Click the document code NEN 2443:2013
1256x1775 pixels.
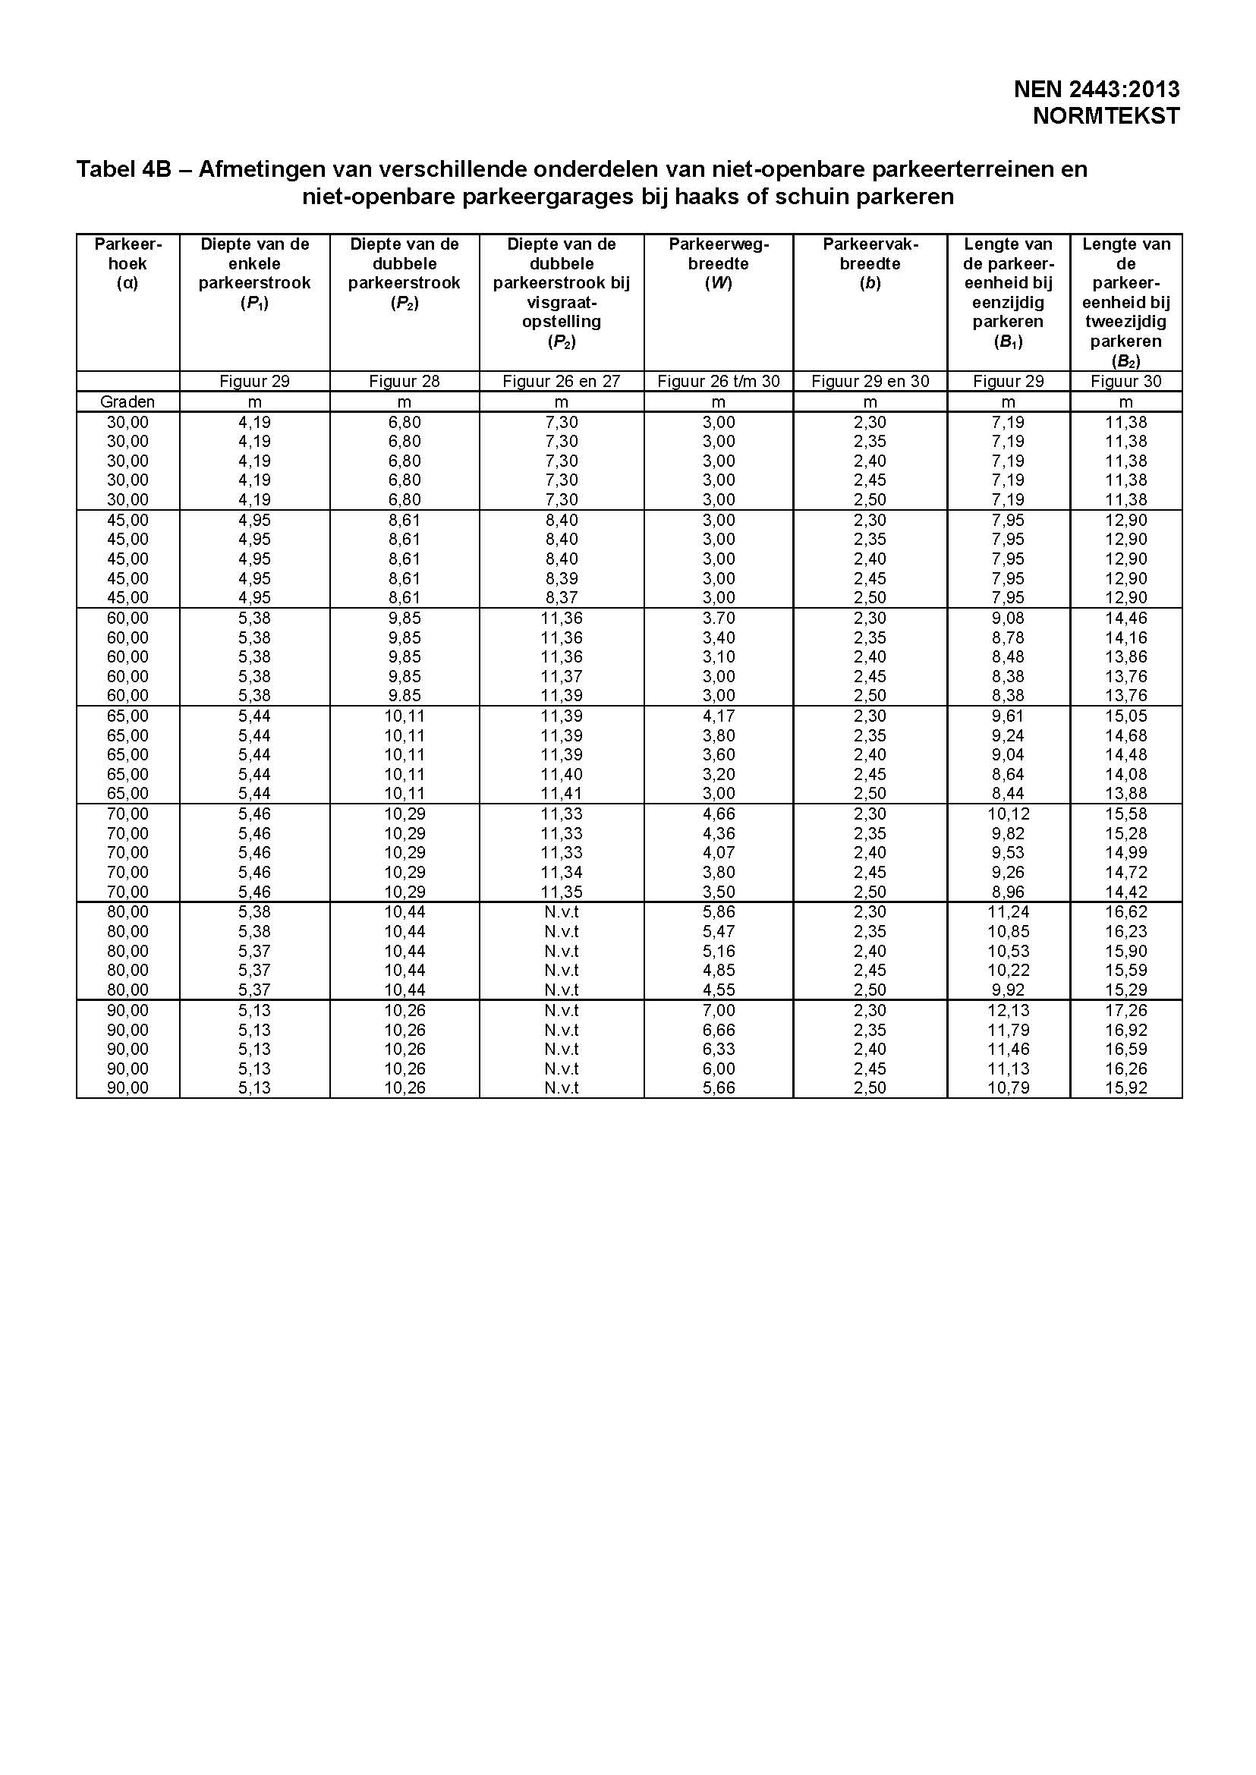coord(1096,90)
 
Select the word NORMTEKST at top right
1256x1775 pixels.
coord(1106,116)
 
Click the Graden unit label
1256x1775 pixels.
coord(127,401)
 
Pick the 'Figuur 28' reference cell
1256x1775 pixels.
coord(404,380)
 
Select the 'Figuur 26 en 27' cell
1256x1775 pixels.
coord(562,380)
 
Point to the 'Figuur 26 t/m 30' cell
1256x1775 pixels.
coord(719,380)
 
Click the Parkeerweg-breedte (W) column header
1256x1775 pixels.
coord(719,264)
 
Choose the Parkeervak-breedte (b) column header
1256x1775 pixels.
coord(870,264)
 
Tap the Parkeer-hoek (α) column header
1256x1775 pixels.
coord(127,264)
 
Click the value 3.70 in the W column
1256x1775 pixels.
coord(719,618)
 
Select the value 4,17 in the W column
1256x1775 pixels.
coord(719,716)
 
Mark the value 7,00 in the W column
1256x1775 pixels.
coord(719,1010)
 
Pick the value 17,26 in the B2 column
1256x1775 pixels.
coord(1126,1010)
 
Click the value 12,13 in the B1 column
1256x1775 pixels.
coord(1008,1010)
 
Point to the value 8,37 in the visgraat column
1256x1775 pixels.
coord(562,597)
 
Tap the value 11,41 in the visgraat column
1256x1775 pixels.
coord(562,793)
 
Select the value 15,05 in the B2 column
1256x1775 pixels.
coord(1126,716)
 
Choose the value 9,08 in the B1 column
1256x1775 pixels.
coord(1008,618)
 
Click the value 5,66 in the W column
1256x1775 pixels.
coord(719,1087)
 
